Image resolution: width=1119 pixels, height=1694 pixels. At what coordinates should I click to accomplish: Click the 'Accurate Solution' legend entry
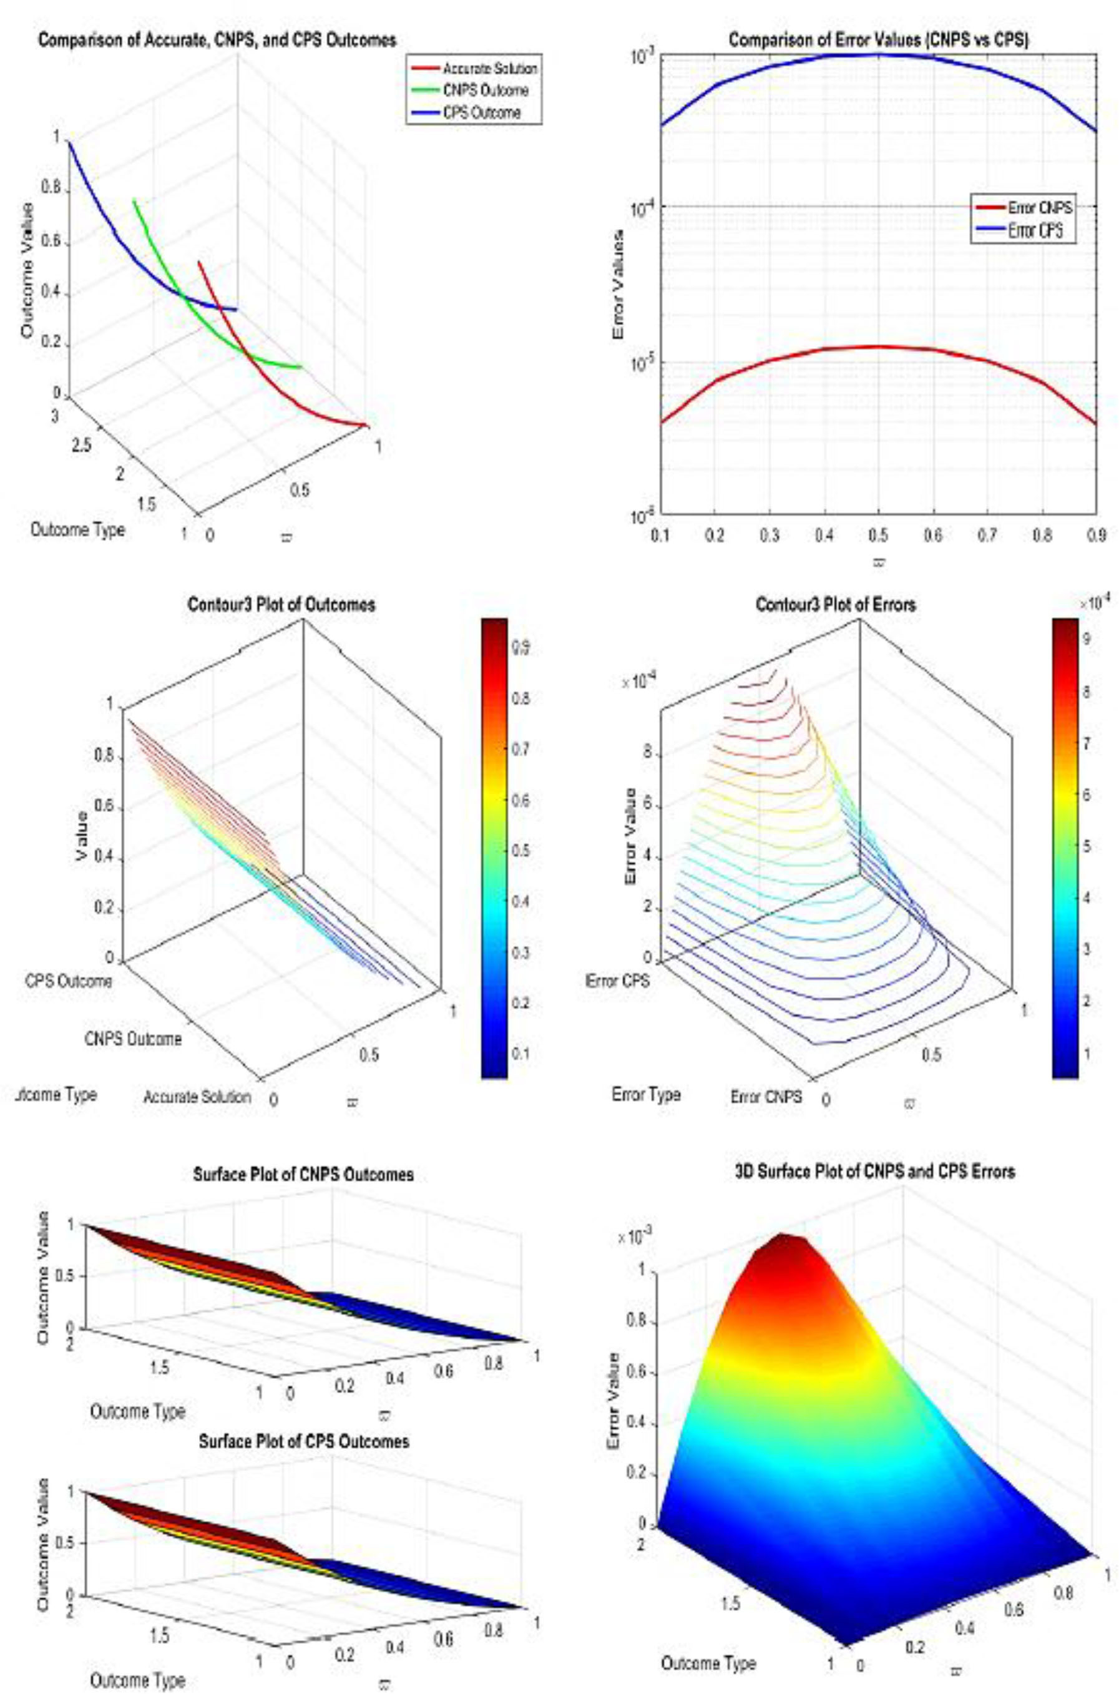[x=489, y=69]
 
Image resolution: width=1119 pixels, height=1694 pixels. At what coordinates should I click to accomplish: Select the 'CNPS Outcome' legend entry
[x=486, y=91]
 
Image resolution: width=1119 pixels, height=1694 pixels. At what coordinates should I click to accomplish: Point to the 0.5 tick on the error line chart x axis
[x=879, y=534]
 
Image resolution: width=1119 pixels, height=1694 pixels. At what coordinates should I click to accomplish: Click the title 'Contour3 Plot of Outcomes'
[x=281, y=604]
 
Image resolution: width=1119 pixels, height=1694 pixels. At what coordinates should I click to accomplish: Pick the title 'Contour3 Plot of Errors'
[x=836, y=604]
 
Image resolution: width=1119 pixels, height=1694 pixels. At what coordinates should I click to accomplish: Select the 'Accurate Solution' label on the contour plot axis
[x=197, y=1097]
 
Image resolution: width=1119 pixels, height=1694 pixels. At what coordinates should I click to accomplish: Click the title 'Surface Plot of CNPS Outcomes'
[x=303, y=1174]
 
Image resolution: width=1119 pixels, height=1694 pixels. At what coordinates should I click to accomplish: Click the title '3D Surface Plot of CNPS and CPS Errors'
[x=875, y=1171]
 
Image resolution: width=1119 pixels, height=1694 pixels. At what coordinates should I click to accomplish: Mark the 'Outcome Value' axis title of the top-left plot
[x=27, y=270]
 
